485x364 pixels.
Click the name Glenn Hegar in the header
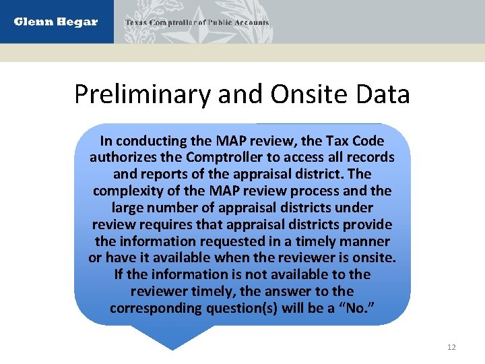click(x=56, y=22)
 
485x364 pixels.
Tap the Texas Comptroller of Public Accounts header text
click(x=197, y=22)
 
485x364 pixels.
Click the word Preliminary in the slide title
click(x=143, y=94)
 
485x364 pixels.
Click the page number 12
click(x=451, y=347)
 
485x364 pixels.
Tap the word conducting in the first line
click(x=149, y=141)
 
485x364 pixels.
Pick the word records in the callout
click(x=370, y=158)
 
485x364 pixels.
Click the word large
click(x=128, y=208)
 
